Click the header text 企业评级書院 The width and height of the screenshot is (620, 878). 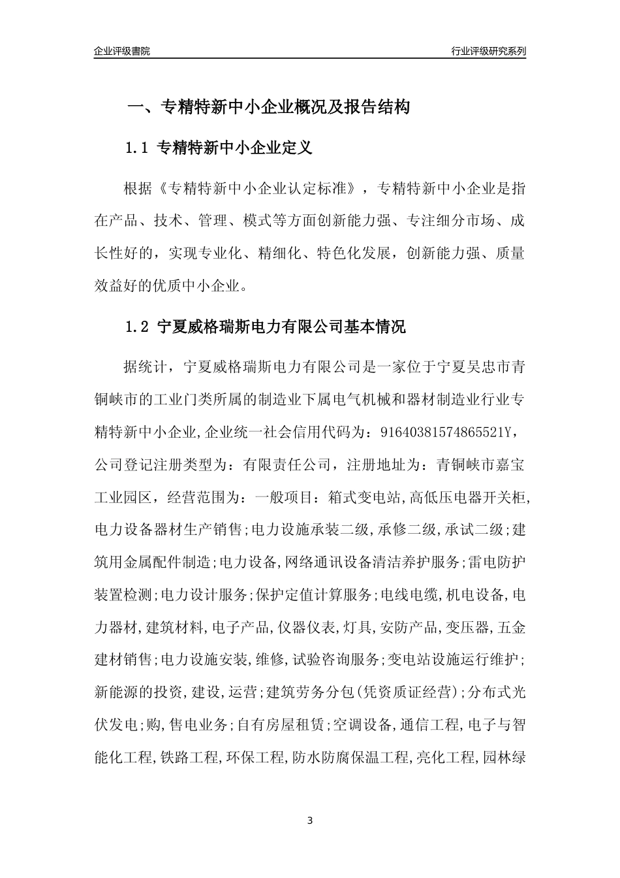click(x=122, y=51)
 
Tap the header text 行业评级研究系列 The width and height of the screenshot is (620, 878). click(x=488, y=51)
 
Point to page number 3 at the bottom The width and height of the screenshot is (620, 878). click(x=310, y=821)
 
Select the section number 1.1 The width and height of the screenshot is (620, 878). click(x=137, y=148)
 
